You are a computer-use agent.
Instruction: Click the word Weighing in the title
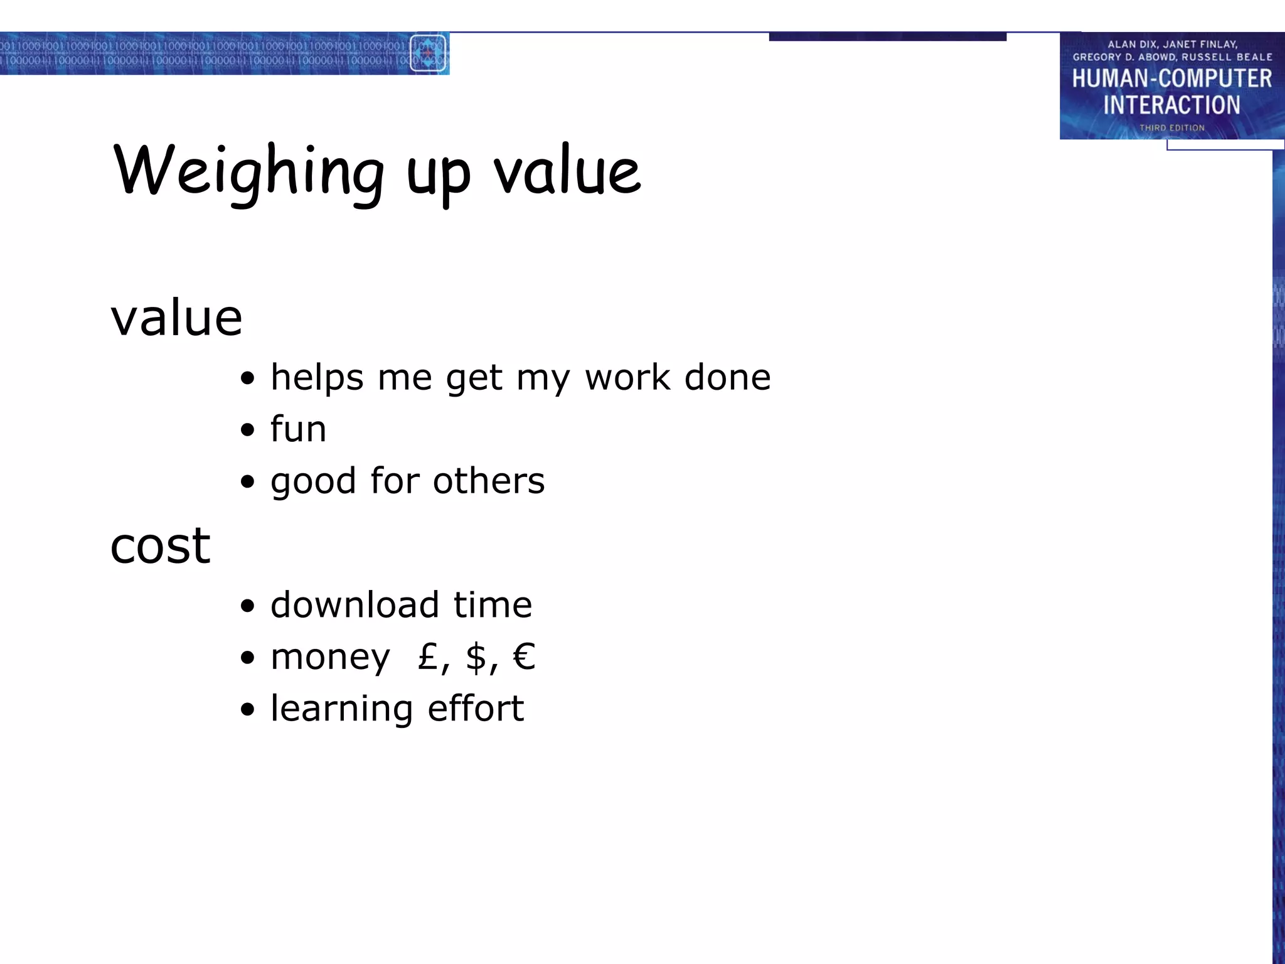click(248, 171)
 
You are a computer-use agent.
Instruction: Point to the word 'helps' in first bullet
click(317, 378)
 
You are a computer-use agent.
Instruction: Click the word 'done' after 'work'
click(727, 378)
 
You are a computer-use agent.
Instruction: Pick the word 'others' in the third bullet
click(489, 481)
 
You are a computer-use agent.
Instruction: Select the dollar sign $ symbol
click(477, 656)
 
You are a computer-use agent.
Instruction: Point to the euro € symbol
click(524, 656)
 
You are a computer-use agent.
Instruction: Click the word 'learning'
click(341, 709)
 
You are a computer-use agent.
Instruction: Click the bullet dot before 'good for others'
click(248, 482)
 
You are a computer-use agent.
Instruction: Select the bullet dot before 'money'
click(248, 658)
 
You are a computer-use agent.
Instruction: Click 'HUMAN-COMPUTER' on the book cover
click(1171, 78)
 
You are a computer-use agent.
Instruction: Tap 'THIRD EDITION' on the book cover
click(1171, 127)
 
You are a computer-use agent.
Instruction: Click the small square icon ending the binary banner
click(428, 53)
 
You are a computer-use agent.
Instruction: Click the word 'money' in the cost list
click(330, 658)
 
